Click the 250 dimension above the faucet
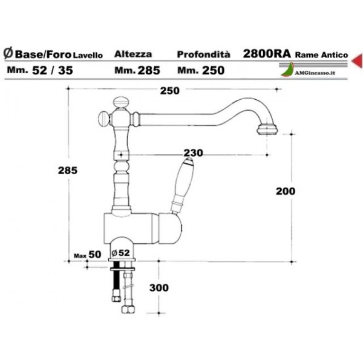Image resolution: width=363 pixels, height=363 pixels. pos(171,91)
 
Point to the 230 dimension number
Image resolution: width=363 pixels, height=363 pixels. pos(194,152)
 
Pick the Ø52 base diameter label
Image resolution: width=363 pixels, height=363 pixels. pos(122,252)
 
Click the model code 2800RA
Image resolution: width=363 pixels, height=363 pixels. pos(266,53)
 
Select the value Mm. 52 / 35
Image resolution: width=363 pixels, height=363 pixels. pos(41,70)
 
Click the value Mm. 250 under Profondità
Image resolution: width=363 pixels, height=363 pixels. pos(201,70)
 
